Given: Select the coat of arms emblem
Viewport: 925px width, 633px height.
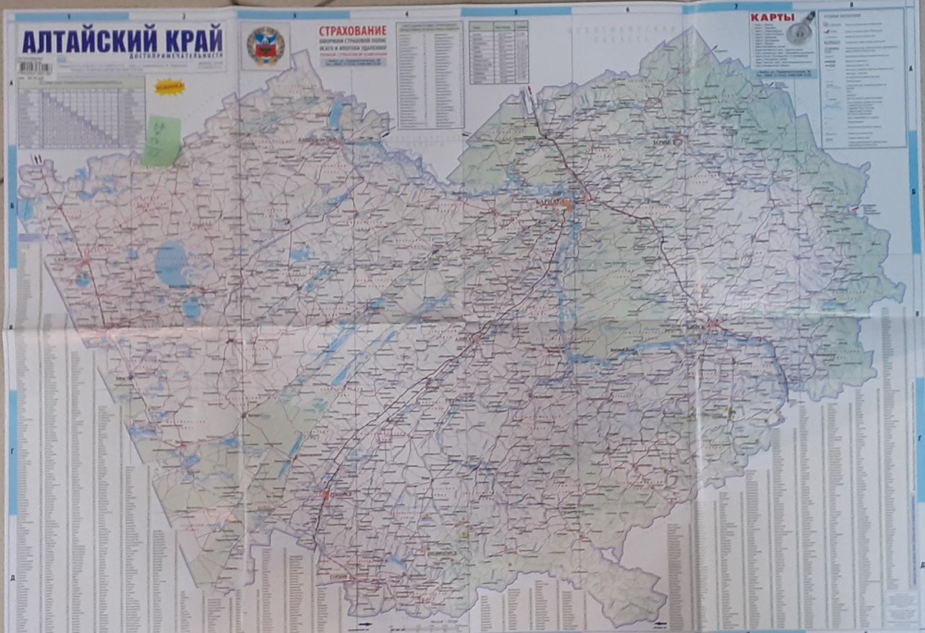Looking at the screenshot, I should [265, 45].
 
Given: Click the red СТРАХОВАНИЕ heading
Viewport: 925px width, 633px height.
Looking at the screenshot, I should [352, 31].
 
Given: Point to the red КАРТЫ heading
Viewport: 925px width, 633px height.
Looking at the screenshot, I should [769, 19].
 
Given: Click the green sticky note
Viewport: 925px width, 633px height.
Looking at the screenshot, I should [161, 142].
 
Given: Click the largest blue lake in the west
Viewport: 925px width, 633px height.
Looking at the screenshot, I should [171, 266].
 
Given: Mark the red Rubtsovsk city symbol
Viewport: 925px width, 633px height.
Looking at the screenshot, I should [326, 496].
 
